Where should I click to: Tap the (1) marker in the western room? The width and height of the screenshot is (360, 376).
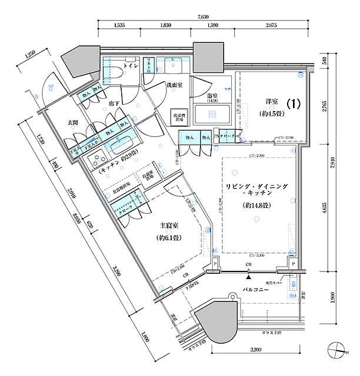(x=294, y=103)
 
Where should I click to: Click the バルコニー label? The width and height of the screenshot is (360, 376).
(x=254, y=290)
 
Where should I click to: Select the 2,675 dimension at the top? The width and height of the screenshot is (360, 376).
(x=272, y=26)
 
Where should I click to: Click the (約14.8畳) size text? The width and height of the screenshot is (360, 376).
(x=256, y=206)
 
